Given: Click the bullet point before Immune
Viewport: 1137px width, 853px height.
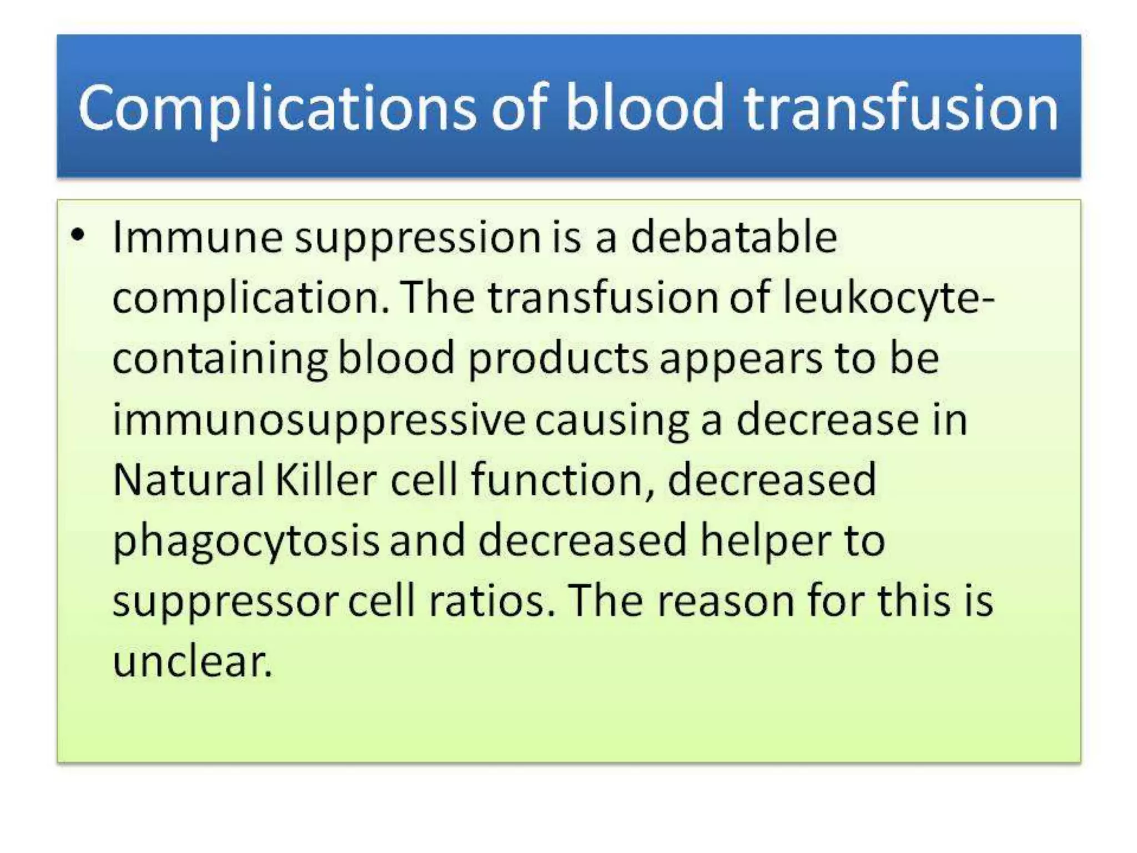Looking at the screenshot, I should pyautogui.click(x=78, y=235).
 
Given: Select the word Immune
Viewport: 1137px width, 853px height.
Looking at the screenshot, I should pyautogui.click(x=198, y=238).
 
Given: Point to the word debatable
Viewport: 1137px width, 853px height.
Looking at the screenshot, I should pyautogui.click(x=734, y=238).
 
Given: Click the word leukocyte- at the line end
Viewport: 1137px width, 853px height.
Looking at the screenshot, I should pyautogui.click(x=888, y=298).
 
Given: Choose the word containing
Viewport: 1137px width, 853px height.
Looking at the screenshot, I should pyautogui.click(x=220, y=359).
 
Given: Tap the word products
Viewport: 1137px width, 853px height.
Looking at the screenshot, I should pyautogui.click(x=558, y=359).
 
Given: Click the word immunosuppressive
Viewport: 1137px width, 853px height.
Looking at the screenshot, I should pyautogui.click(x=319, y=420).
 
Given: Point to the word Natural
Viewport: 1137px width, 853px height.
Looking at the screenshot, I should pyautogui.click(x=188, y=480).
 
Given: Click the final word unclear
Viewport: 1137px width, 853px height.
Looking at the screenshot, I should pyautogui.click(x=192, y=662).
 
